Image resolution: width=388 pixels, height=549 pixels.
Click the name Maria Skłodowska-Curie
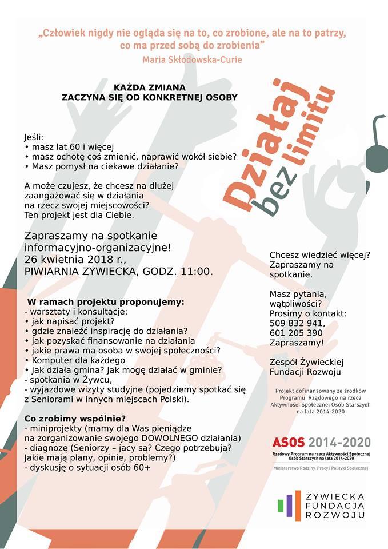tap(194, 59)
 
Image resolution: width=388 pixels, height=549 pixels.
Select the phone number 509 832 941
tap(297, 323)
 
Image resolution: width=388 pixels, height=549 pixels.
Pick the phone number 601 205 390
tap(296, 333)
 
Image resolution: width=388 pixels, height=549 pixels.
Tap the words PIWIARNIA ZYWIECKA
tap(79, 272)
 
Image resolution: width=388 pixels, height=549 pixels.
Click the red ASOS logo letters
tap(290, 442)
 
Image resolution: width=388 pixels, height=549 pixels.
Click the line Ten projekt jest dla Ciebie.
tap(78, 215)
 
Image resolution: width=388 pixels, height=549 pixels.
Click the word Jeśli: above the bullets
tap(34, 138)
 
